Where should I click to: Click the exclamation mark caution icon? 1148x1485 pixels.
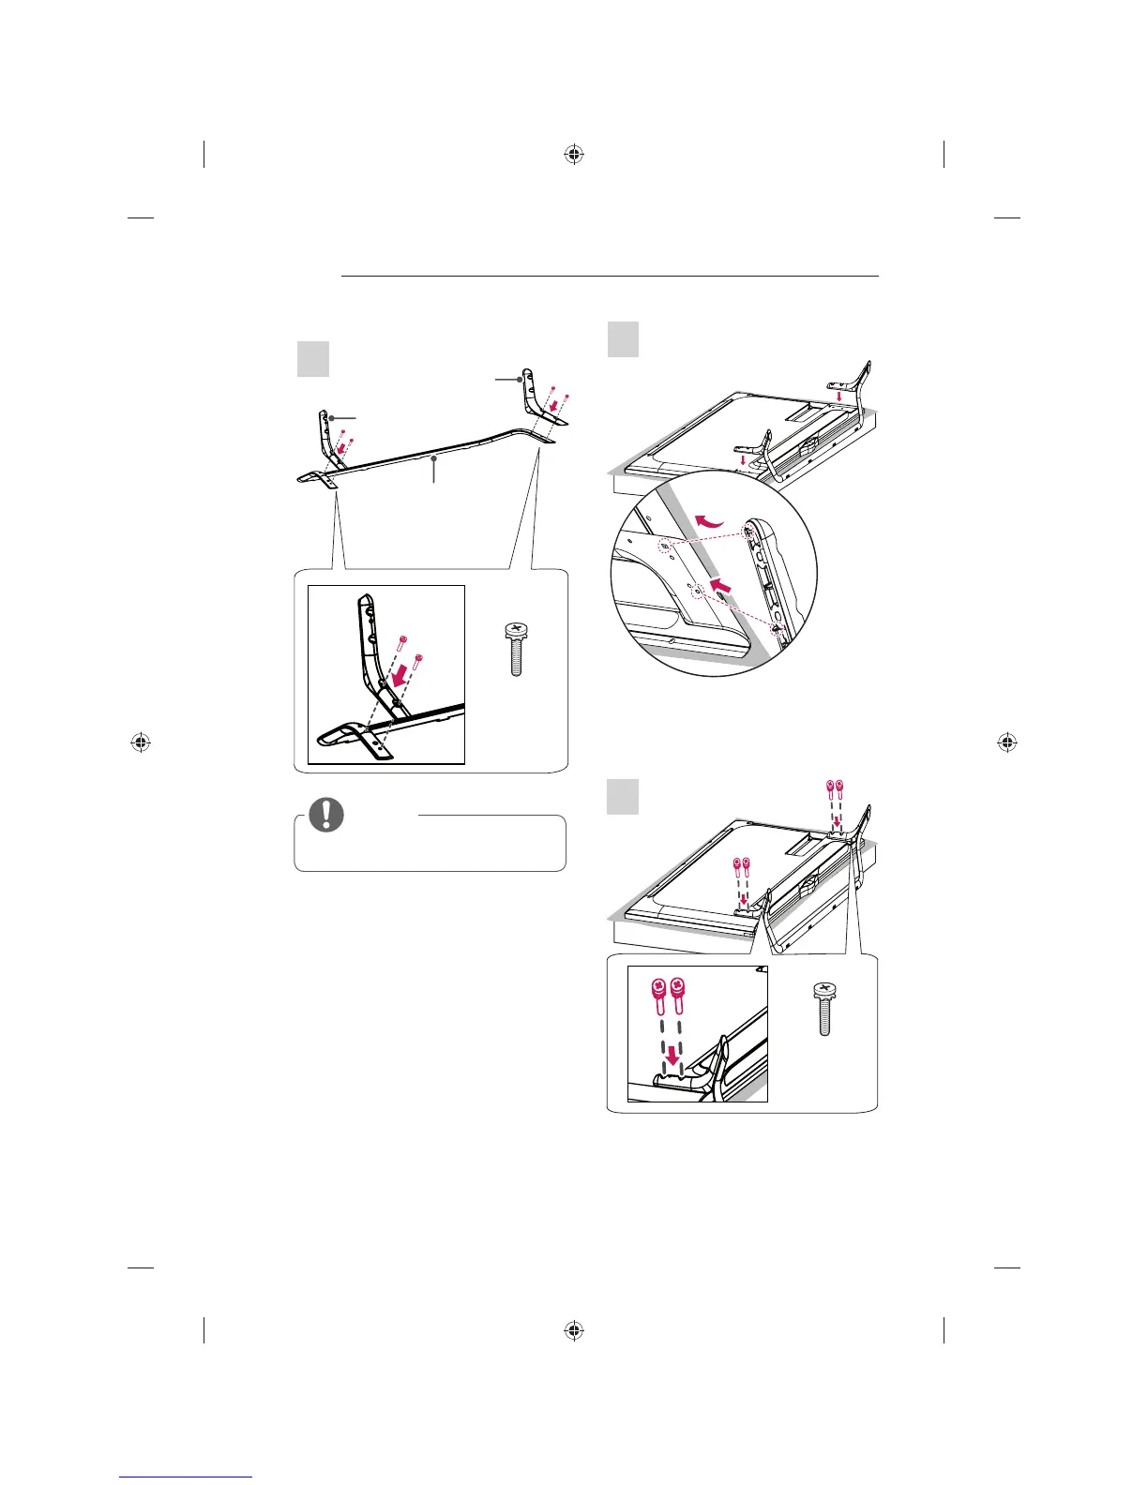coord(325,816)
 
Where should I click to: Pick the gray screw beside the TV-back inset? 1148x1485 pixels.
coord(824,1009)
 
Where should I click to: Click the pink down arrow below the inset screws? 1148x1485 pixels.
coord(672,1057)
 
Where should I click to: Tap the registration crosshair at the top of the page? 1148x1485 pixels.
coord(575,155)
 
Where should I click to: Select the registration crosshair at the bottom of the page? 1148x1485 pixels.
coord(575,1330)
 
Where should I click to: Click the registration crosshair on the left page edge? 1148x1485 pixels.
coord(140,742)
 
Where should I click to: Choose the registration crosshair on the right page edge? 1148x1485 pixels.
coord(1007,742)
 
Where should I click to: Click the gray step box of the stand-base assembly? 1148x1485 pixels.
coord(313,358)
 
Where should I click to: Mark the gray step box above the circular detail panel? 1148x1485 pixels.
coord(623,338)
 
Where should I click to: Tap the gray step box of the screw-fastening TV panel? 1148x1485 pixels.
coord(623,797)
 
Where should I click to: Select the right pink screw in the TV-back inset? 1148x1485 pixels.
coord(679,997)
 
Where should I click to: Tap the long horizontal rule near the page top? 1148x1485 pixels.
coord(610,277)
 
